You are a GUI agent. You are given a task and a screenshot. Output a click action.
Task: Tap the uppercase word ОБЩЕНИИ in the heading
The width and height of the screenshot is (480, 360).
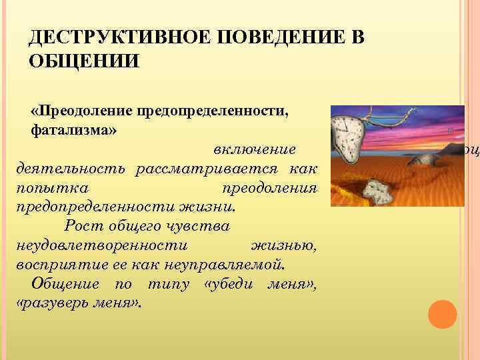click(84, 61)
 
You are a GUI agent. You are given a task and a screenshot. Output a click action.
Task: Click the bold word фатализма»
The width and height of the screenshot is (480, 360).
click(74, 128)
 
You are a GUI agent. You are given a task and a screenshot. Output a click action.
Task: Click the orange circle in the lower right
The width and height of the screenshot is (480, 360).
click(441, 315)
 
